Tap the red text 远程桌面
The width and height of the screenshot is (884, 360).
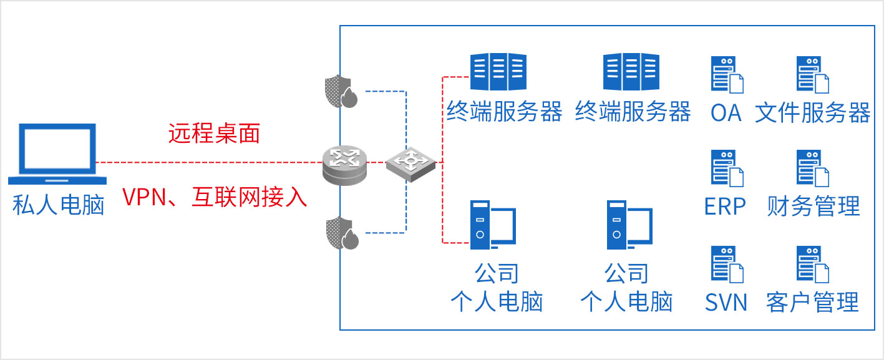(214, 134)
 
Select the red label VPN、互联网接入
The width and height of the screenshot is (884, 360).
(215, 197)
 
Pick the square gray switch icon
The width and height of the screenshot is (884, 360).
(410, 164)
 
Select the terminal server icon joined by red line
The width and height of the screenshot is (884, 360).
(498, 72)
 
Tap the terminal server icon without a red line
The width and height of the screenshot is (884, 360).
(631, 72)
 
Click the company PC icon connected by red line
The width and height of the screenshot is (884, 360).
(492, 223)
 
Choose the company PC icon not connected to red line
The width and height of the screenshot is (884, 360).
(629, 223)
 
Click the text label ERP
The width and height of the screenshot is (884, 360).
(725, 206)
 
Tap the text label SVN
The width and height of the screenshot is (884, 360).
(726, 303)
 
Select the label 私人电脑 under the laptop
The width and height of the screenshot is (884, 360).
(58, 204)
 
